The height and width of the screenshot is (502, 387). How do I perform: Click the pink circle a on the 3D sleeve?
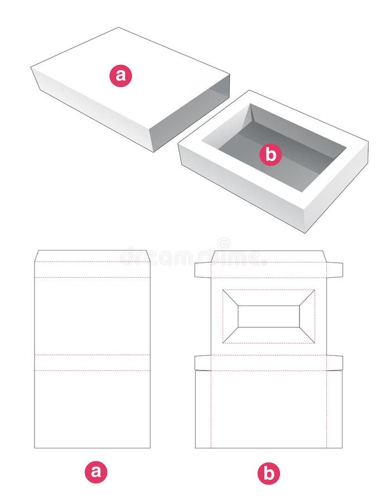pos(120,75)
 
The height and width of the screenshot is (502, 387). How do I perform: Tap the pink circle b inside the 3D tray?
pos(270,154)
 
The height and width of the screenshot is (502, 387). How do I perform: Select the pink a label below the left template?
pos(96,472)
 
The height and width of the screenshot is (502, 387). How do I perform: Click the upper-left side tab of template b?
pos(202,270)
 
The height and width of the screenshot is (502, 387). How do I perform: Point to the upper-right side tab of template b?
pos(335,270)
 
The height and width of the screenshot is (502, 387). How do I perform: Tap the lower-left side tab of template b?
pos(202,363)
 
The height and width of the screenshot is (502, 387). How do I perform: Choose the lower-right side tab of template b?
pos(335,363)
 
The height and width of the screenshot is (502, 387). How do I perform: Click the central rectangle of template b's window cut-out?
pos(269,316)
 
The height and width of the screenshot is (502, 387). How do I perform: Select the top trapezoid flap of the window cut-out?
pos(269,297)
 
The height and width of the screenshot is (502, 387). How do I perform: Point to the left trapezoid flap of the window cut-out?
pos(230,316)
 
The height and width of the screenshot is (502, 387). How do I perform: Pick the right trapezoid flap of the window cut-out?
pos(307,316)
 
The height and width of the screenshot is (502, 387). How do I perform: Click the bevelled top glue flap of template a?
pos(92,256)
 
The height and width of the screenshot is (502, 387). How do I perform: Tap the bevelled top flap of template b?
pos(269,256)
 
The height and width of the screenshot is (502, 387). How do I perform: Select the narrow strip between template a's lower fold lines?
pos(92,363)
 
